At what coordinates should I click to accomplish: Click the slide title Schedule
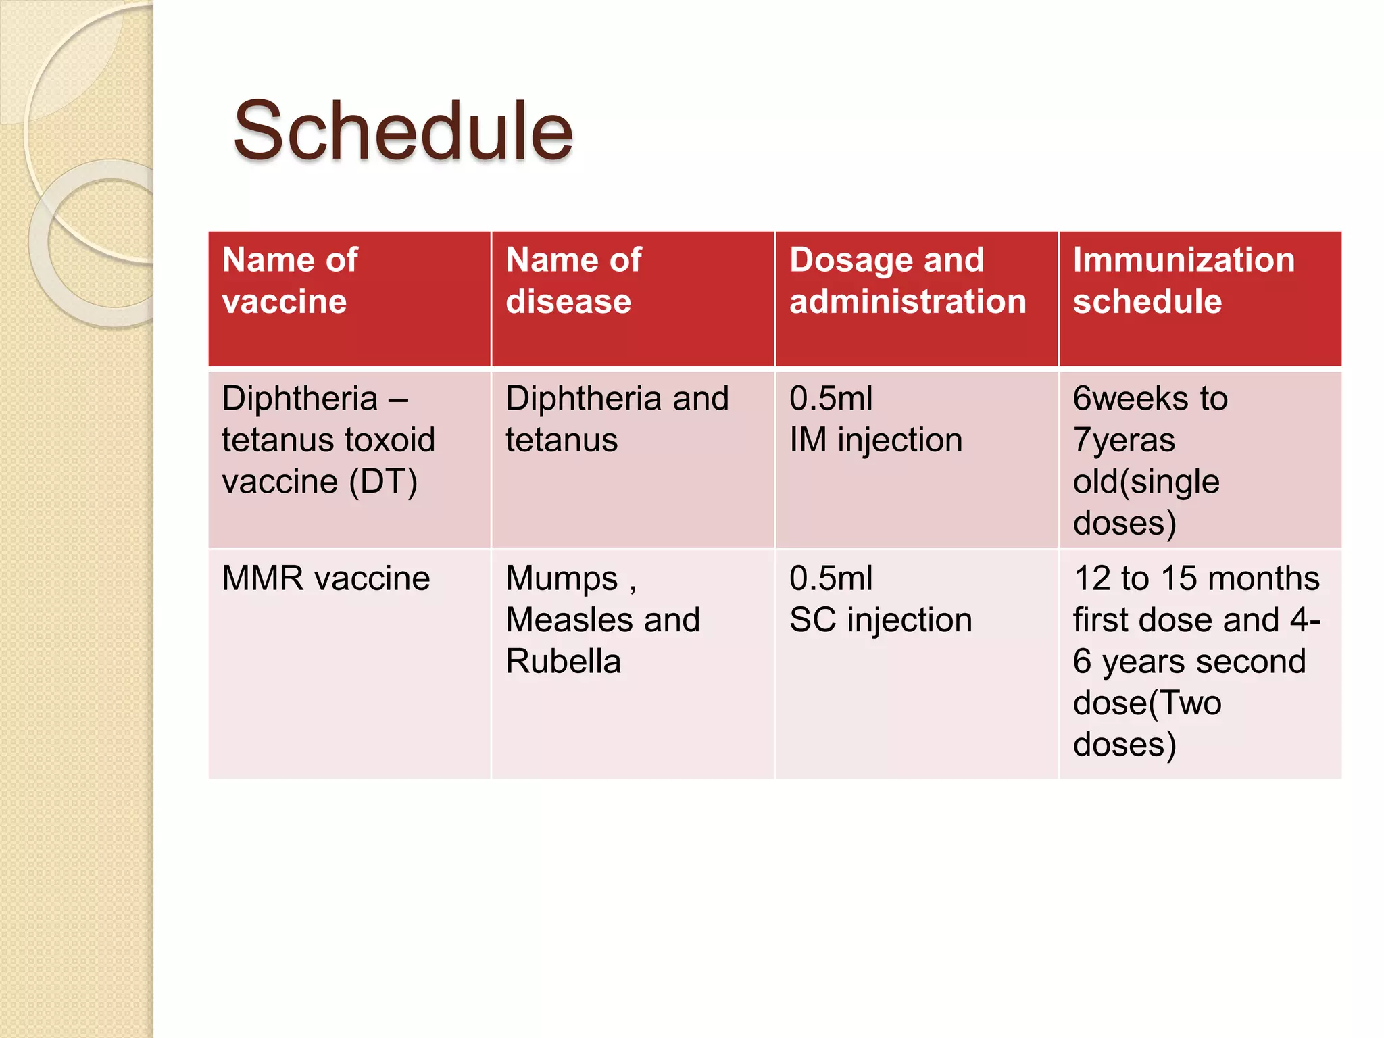pyautogui.click(x=403, y=132)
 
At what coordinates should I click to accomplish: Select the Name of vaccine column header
pyautogui.click(x=291, y=280)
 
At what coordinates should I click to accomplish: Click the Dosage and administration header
pyautogui.click(x=907, y=280)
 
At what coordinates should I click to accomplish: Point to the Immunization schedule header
pyautogui.click(x=1183, y=280)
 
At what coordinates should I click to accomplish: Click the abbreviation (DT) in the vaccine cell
pyautogui.click(x=383, y=482)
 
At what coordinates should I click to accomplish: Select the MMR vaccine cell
pyautogui.click(x=326, y=579)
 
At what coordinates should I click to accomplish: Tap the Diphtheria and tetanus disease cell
pyautogui.click(x=616, y=419)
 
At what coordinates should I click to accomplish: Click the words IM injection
pyautogui.click(x=876, y=441)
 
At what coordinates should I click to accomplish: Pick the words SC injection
pyautogui.click(x=881, y=620)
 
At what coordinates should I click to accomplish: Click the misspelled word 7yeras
pyautogui.click(x=1124, y=441)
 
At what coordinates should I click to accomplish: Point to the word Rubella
pyautogui.click(x=563, y=662)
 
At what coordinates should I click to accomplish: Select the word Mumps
pyautogui.click(x=562, y=579)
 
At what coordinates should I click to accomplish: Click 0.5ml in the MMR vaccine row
pyautogui.click(x=831, y=579)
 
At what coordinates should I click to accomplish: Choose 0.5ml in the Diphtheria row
pyautogui.click(x=831, y=399)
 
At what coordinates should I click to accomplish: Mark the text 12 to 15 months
pyautogui.click(x=1196, y=579)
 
